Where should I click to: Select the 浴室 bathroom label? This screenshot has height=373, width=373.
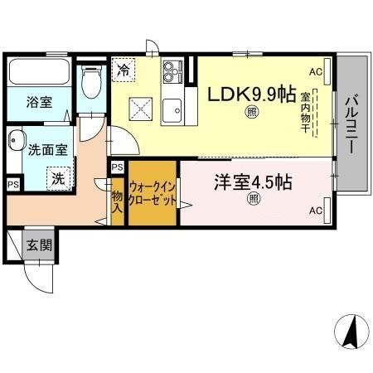(x=38, y=103)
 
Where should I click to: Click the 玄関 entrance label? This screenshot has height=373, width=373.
(x=37, y=245)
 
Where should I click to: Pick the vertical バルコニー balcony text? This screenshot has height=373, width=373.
(x=351, y=123)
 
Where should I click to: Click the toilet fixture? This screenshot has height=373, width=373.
(x=92, y=83)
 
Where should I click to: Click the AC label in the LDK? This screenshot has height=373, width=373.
(x=315, y=72)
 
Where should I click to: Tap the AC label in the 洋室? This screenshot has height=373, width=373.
(x=315, y=211)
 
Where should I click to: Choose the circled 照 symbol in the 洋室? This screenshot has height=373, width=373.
(x=253, y=200)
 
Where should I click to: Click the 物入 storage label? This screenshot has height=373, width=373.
(x=117, y=202)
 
